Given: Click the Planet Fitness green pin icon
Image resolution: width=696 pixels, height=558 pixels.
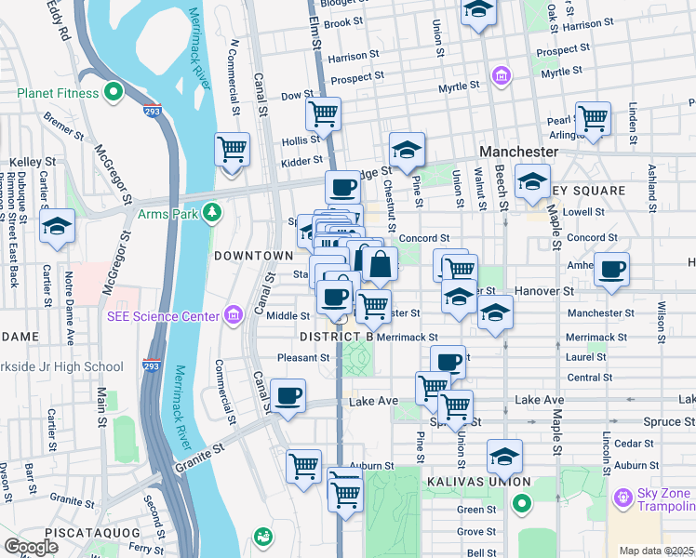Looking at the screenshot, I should [114, 92].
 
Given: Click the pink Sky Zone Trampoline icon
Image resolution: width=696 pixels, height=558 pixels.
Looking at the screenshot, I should [621, 498].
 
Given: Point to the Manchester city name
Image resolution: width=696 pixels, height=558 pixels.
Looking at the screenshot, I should [517, 151].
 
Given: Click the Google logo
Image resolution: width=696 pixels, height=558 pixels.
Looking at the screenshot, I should [32, 547].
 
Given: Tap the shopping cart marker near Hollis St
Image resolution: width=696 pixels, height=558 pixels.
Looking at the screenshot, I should [323, 114].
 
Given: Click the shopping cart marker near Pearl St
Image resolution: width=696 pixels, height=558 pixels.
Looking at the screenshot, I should [592, 118].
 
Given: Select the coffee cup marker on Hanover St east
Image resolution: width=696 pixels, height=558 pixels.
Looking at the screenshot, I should [611, 269].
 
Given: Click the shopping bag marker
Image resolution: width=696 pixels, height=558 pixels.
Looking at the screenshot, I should [380, 264].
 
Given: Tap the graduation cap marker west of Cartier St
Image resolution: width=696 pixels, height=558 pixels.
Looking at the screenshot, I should [58, 227].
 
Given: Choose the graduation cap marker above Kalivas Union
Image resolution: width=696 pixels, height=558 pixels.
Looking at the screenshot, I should [504, 456].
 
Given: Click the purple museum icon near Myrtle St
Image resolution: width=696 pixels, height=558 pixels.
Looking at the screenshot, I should [501, 73].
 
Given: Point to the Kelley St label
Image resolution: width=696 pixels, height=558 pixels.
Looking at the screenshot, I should [26, 162].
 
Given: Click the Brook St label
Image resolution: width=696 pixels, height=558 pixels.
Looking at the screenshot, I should [342, 22].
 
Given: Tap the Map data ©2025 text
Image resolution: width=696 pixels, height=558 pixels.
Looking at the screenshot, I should [656, 551].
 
